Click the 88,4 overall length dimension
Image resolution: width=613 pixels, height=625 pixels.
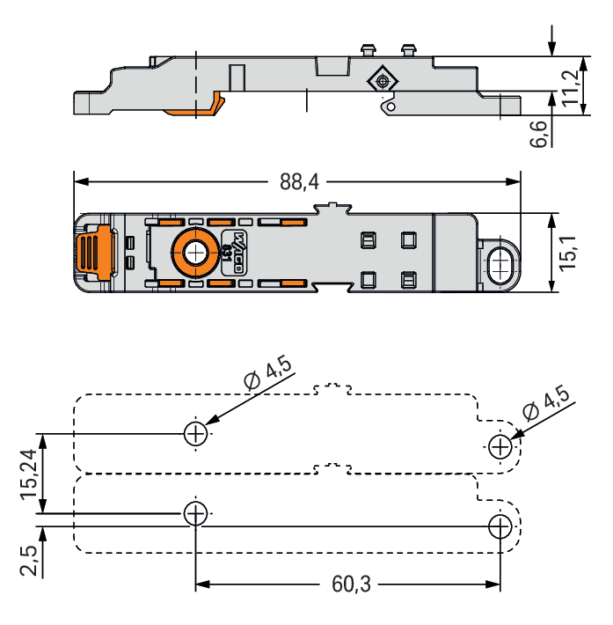[299, 182]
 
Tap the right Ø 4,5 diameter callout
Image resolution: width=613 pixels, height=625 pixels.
[546, 401]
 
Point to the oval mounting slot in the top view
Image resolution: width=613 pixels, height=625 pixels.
[499, 263]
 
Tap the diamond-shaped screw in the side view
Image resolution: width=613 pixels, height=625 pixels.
[382, 81]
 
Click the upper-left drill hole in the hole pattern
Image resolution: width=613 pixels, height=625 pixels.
[195, 432]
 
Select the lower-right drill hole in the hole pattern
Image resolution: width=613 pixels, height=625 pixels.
[500, 527]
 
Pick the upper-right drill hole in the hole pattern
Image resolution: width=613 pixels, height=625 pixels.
[500, 446]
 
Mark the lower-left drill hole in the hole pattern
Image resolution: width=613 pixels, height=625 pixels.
[195, 512]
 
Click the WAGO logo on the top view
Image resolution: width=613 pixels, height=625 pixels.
[237, 254]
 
